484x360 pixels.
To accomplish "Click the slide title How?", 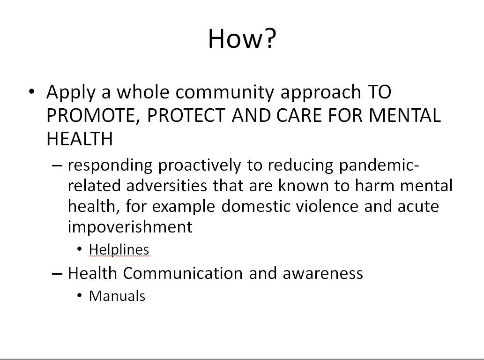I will coord(242,38).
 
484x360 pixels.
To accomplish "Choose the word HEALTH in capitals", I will coord(80,138).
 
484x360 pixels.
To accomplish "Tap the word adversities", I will coord(162,186).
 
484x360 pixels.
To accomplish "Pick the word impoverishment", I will coord(130,227).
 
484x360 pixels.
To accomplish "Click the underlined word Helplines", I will coord(119,249).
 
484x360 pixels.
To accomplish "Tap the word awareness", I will coord(323,273).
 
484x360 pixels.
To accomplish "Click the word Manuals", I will coord(117,296).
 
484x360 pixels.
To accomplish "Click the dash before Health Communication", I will coord(58,273).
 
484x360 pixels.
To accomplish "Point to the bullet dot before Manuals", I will coord(80,296).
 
